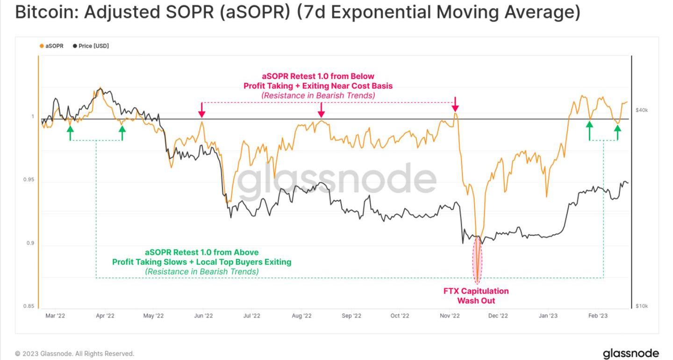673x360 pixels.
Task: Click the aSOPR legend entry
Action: (51, 46)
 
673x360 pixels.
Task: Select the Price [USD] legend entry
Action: (91, 46)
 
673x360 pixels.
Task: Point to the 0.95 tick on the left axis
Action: (29, 180)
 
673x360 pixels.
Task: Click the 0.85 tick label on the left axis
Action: (29, 306)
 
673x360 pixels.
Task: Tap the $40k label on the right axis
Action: (641, 110)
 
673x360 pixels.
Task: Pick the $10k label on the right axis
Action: (641, 306)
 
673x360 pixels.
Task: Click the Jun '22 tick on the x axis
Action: (203, 316)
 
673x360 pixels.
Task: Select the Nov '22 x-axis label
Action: (450, 316)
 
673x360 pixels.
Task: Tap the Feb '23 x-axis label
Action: (598, 316)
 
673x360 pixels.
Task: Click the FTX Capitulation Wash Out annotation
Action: (476, 295)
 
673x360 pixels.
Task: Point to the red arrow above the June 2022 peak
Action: (202, 110)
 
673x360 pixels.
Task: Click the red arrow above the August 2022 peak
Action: (322, 110)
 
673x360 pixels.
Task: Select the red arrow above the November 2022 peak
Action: (456, 104)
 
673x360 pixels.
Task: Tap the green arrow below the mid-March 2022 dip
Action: (70, 133)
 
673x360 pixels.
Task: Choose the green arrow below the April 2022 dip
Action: (122, 133)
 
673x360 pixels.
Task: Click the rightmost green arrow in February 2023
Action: (617, 133)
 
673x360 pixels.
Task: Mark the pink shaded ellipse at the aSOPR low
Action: (478, 259)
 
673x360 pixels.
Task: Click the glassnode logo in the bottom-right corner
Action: (631, 353)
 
